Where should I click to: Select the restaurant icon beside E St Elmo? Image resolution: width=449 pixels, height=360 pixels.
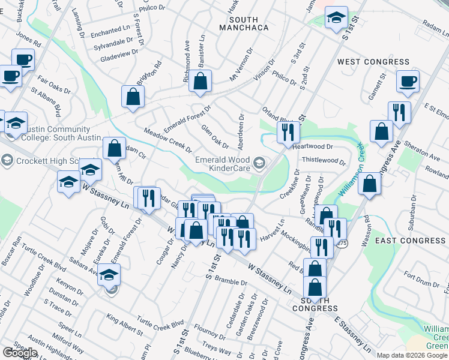pos(399,112)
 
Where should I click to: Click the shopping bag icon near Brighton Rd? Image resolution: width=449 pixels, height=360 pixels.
pos(133,97)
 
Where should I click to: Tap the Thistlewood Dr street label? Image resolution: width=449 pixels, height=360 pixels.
pos(324,161)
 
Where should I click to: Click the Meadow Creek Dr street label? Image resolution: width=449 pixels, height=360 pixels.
pos(167,140)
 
